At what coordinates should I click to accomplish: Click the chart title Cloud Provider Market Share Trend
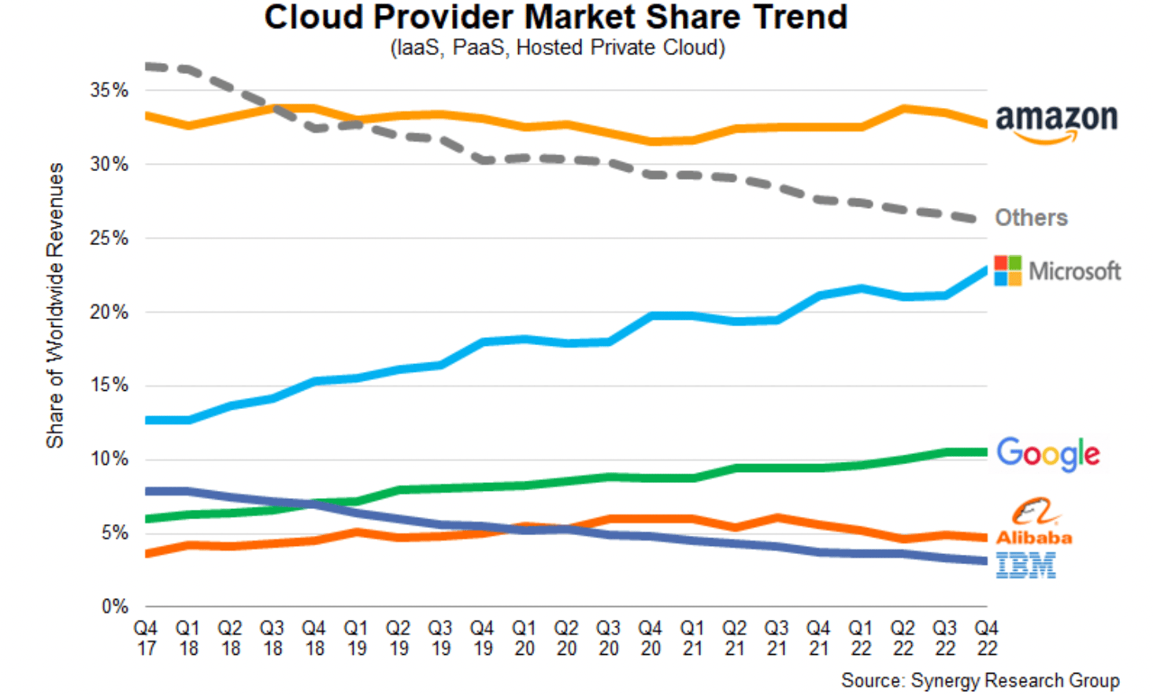[x=555, y=17]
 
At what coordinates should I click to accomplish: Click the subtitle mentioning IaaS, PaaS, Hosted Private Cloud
[x=558, y=48]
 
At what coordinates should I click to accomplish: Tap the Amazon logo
[x=1056, y=121]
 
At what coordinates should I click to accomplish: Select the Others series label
[x=1031, y=217]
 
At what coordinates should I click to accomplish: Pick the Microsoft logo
[x=1057, y=271]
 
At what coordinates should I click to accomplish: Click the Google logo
[x=1047, y=454]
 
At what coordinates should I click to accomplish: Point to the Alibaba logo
[x=1034, y=522]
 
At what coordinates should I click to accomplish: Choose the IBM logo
[x=1025, y=565]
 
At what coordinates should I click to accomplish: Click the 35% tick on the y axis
[x=109, y=91]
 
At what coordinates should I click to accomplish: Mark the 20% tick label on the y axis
[x=109, y=312]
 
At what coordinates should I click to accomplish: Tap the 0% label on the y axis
[x=114, y=607]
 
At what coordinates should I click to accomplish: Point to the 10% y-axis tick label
[x=109, y=459]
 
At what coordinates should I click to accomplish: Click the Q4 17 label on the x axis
[x=146, y=638]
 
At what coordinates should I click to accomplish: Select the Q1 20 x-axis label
[x=524, y=638]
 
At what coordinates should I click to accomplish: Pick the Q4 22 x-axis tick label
[x=986, y=638]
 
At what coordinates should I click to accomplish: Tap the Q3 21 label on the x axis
[x=776, y=638]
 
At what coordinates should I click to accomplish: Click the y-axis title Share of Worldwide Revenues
[x=54, y=306]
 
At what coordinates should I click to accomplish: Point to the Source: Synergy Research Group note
[x=980, y=680]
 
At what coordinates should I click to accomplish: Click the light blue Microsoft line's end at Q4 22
[x=985, y=271]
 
